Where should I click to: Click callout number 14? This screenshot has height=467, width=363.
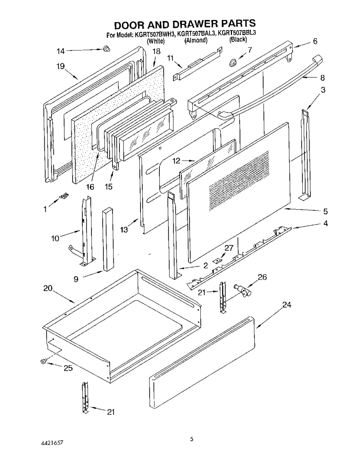coord(61,51)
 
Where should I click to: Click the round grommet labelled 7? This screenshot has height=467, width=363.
coord(233,62)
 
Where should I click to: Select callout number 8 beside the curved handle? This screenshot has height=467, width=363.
coord(322,78)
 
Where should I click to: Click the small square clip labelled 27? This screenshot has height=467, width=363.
coord(217,260)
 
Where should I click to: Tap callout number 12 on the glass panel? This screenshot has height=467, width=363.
coord(176,161)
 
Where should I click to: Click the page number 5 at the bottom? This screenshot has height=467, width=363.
coord(192,438)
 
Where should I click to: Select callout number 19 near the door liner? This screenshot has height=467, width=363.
coord(61,66)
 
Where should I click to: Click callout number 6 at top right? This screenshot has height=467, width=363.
coord(315,41)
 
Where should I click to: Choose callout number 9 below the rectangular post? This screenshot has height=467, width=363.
coord(76,279)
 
